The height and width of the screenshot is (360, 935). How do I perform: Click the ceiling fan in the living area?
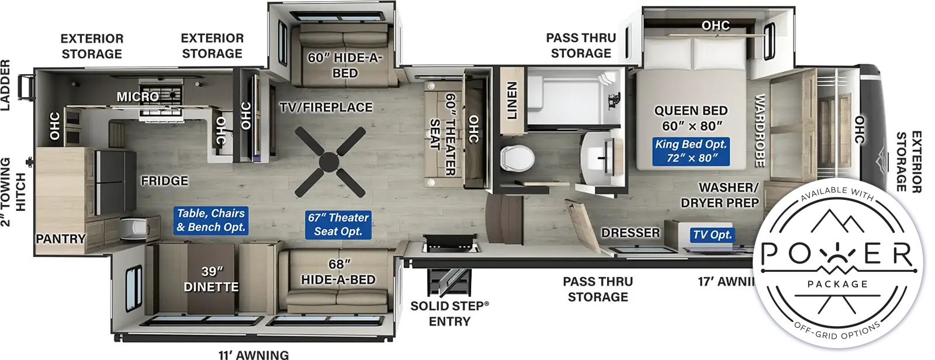[330, 162]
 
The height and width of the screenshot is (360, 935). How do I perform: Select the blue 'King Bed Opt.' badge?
[691, 151]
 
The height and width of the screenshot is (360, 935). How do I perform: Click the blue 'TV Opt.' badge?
[712, 235]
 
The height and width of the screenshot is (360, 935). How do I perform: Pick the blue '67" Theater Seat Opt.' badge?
[338, 224]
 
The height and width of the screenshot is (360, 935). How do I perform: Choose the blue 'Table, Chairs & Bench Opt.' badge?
[211, 220]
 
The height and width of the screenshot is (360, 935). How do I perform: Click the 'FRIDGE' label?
[164, 181]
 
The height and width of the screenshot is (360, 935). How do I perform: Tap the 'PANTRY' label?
[61, 238]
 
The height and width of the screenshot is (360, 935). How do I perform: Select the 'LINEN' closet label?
[512, 101]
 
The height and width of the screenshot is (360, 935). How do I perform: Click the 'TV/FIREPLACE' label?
[326, 108]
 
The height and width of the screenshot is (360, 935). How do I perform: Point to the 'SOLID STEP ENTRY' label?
[449, 313]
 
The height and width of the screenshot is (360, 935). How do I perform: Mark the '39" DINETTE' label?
[212, 279]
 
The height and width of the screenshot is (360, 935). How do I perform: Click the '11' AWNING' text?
[254, 354]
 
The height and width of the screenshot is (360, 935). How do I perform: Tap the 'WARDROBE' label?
[760, 130]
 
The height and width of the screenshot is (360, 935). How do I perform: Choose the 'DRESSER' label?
[631, 233]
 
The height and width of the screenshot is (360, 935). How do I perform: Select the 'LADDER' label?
[6, 85]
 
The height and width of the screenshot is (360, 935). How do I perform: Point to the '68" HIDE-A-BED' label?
[338, 272]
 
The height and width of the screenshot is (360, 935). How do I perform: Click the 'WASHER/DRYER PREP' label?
[720, 195]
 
